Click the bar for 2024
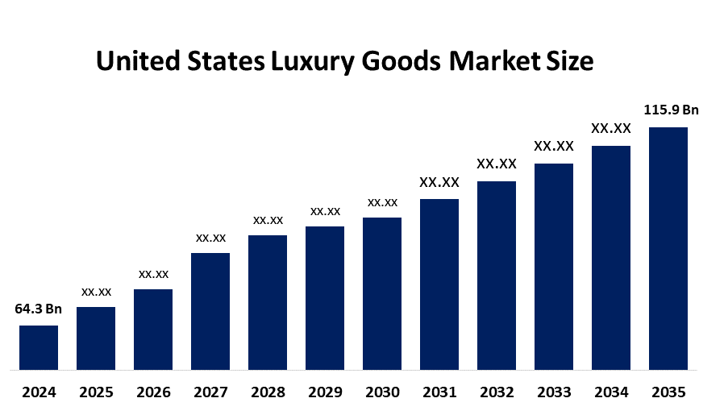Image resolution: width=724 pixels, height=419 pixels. [x=39, y=348]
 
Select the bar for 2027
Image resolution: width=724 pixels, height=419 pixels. [x=210, y=312]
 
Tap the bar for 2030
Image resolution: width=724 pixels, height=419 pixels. [x=382, y=294]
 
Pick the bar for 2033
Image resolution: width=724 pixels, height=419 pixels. [x=554, y=267]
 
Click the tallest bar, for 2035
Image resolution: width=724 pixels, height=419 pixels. [x=668, y=249]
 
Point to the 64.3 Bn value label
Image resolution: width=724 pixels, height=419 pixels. [x=39, y=309]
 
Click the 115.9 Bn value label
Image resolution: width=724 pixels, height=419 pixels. [x=671, y=110]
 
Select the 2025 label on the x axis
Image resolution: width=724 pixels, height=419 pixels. [x=96, y=393]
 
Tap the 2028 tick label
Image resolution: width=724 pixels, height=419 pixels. [x=268, y=393]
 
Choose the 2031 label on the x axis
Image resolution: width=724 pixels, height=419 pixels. [x=439, y=393]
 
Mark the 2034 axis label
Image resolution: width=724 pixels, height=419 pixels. [x=611, y=393]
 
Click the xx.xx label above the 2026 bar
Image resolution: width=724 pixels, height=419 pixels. [x=153, y=274]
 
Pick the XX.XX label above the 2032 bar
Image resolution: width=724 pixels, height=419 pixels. [x=497, y=164]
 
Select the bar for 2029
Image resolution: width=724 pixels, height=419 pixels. [x=325, y=298]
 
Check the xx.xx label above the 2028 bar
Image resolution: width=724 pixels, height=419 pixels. [x=268, y=220]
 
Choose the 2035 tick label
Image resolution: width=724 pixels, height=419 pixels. [x=668, y=393]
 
